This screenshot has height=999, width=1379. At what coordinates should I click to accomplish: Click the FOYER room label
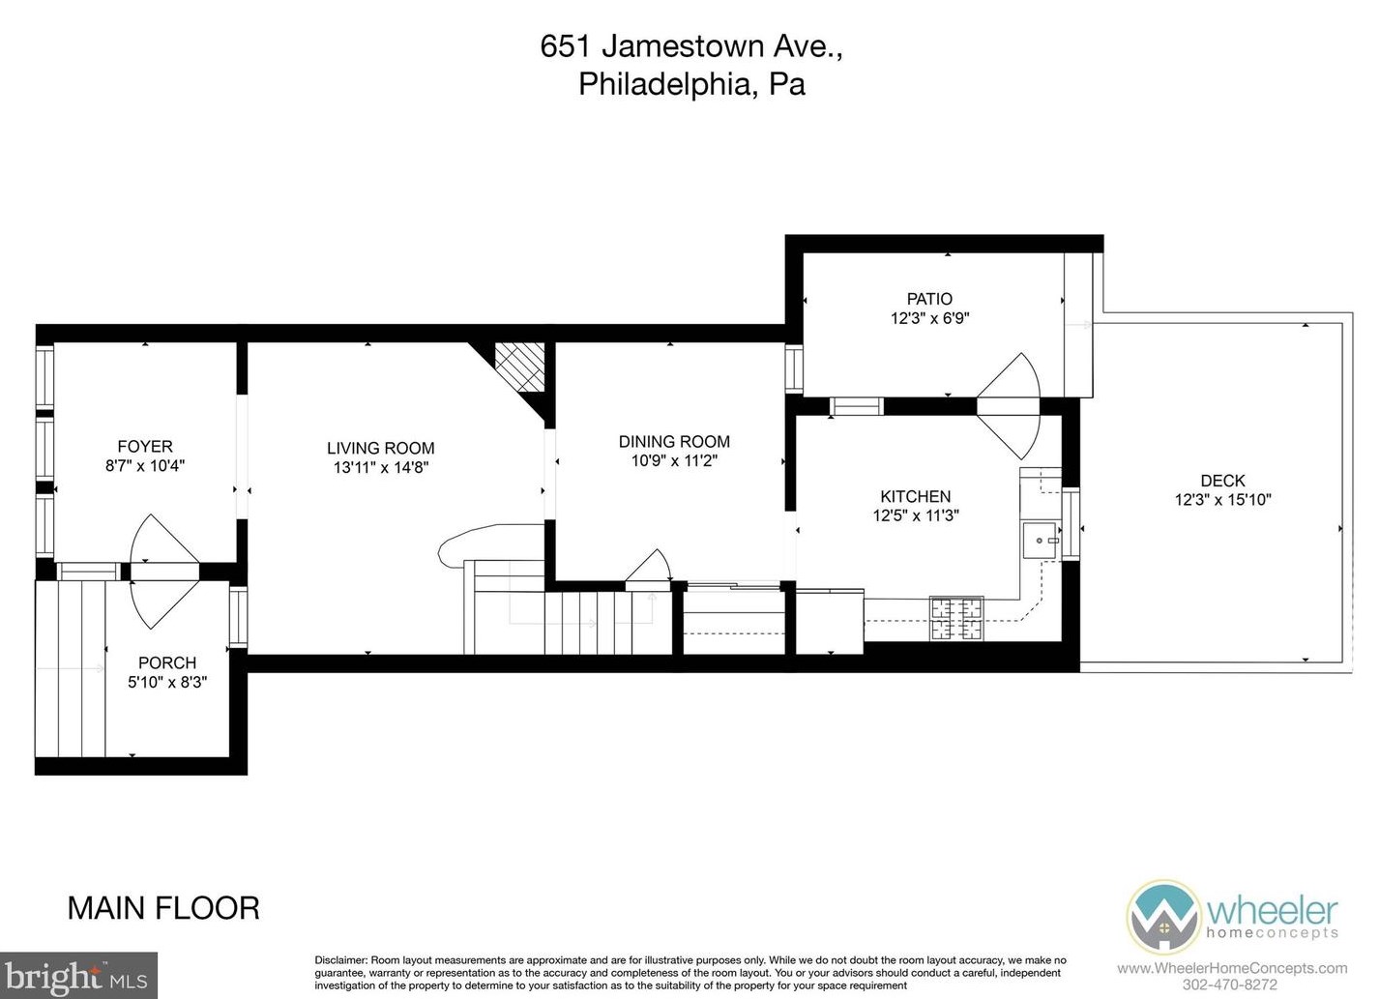point(145,446)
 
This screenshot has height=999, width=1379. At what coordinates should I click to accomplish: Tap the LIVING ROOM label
point(380,448)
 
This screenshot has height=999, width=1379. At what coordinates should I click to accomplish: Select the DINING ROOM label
point(674,441)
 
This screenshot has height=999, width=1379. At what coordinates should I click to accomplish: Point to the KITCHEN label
point(916,496)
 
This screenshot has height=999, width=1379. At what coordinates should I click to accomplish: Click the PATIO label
point(929,299)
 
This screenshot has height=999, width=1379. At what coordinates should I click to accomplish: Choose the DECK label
point(1222,480)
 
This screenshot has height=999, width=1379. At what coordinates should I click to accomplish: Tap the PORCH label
point(167,662)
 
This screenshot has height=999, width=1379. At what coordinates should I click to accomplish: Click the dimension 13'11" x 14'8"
point(380,468)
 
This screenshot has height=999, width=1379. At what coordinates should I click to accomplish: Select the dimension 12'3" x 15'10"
point(1222,500)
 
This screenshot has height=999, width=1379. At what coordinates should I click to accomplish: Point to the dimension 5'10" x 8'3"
point(167,683)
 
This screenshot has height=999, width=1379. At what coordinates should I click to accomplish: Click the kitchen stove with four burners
point(956,619)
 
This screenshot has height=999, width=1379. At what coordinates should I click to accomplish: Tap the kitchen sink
point(1040,541)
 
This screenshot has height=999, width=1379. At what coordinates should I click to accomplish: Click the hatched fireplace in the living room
point(520,367)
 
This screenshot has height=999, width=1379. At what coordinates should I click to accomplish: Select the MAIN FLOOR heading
point(163,908)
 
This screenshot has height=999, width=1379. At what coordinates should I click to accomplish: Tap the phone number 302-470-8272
point(1230,984)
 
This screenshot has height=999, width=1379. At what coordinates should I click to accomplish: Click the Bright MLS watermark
point(78,976)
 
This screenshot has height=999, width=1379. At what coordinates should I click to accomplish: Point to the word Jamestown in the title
point(683,46)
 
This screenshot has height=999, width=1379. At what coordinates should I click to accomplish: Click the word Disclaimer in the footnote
point(341,960)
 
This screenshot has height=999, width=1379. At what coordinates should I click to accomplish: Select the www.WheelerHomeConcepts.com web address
point(1232,968)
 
